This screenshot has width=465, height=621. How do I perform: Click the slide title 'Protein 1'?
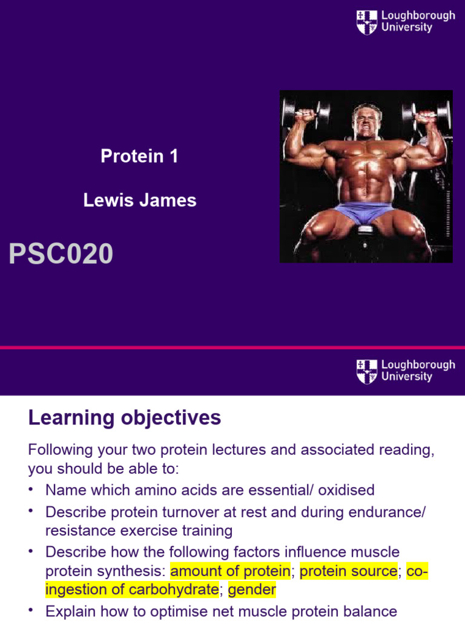139,156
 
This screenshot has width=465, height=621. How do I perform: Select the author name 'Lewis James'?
140,201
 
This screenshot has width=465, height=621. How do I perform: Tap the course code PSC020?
61,253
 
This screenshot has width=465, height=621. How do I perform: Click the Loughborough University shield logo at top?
367,22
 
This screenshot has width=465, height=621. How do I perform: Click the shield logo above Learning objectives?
367,371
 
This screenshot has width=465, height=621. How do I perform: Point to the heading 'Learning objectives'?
125,418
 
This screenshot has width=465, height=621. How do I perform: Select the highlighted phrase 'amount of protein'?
231,571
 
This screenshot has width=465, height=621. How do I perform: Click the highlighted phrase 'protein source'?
349,571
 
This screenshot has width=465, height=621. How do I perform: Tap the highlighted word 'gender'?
252,589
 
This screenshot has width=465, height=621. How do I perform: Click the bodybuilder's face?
368,122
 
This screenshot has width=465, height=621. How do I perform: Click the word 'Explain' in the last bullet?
68,611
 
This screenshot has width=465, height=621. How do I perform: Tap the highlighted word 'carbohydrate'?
176,589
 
